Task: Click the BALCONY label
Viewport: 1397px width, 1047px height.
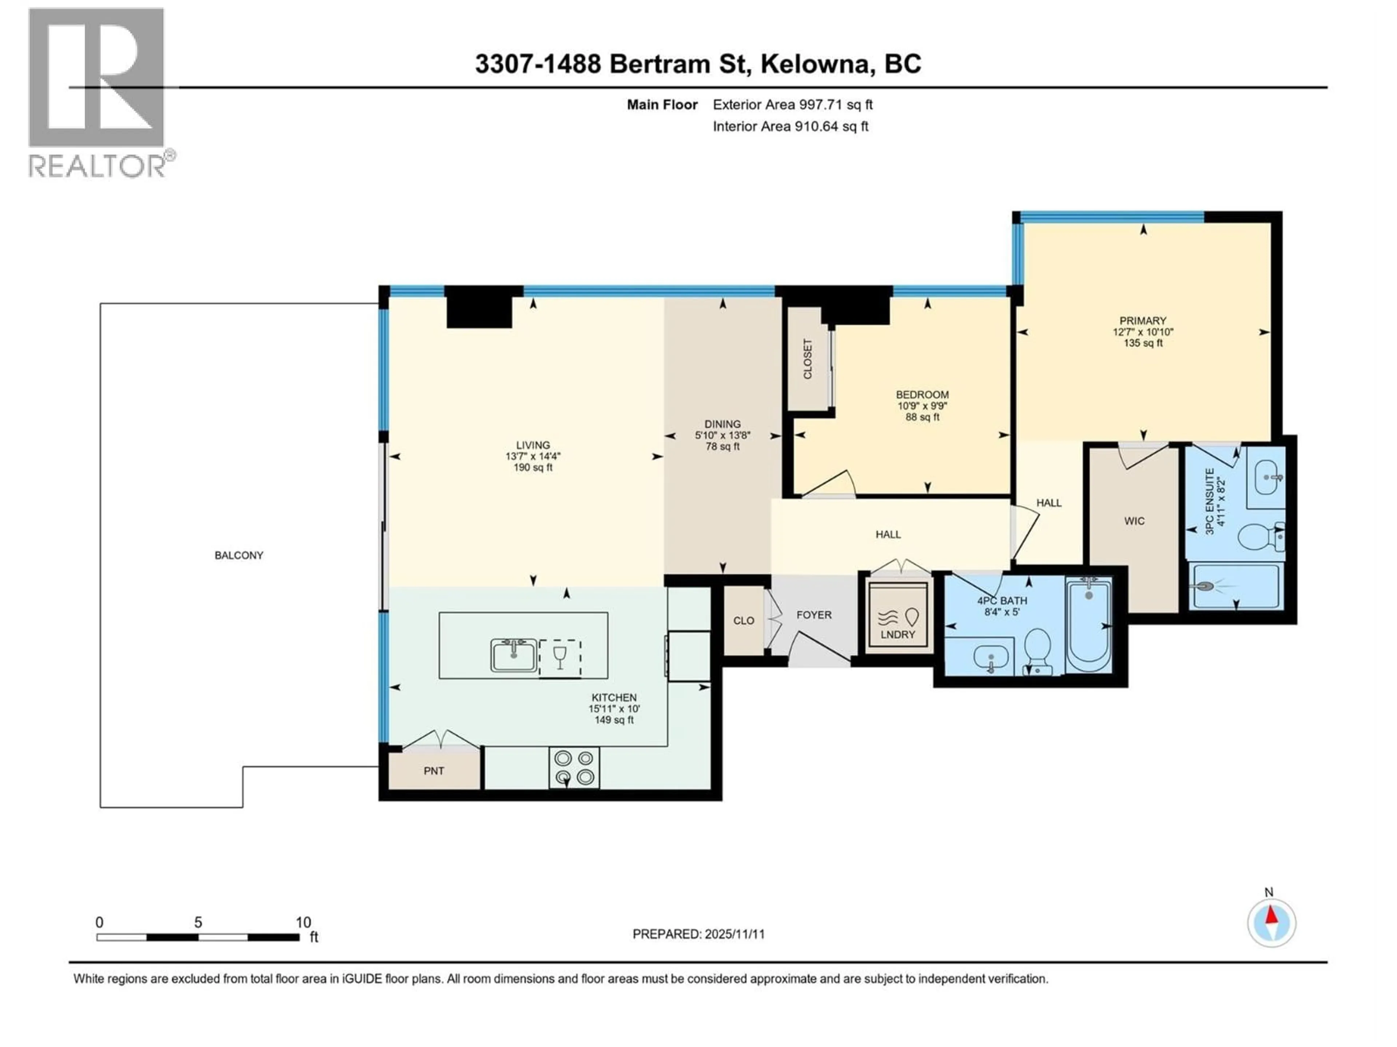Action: pyautogui.click(x=239, y=555)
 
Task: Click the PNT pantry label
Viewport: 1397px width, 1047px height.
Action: pyautogui.click(x=434, y=771)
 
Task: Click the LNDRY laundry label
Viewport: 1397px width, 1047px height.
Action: pyautogui.click(x=897, y=635)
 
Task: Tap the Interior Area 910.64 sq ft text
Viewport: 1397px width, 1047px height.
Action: pyautogui.click(x=790, y=126)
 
